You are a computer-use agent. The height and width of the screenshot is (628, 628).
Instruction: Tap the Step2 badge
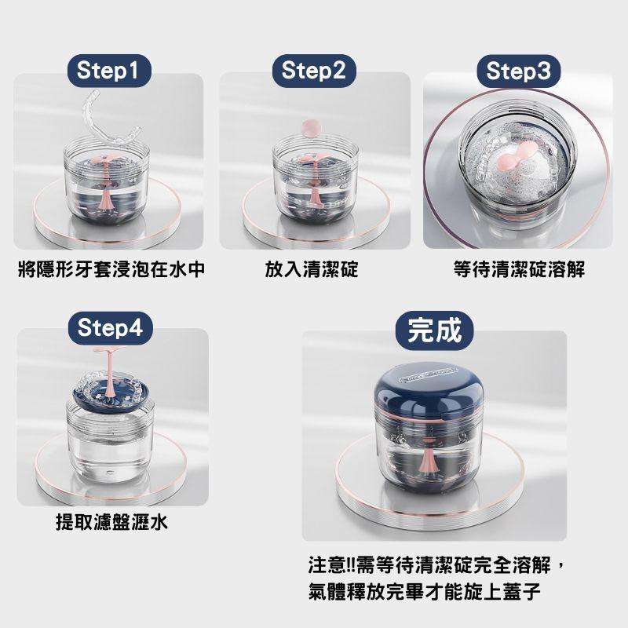[313, 71]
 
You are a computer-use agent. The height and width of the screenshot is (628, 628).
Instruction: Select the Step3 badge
[518, 71]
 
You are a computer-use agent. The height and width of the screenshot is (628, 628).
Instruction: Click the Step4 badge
[111, 327]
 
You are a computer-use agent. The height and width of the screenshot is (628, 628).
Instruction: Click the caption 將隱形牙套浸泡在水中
[111, 270]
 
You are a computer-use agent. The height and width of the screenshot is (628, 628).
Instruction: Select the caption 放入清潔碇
[312, 270]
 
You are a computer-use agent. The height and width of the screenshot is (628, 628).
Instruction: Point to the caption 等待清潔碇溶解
[519, 270]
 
